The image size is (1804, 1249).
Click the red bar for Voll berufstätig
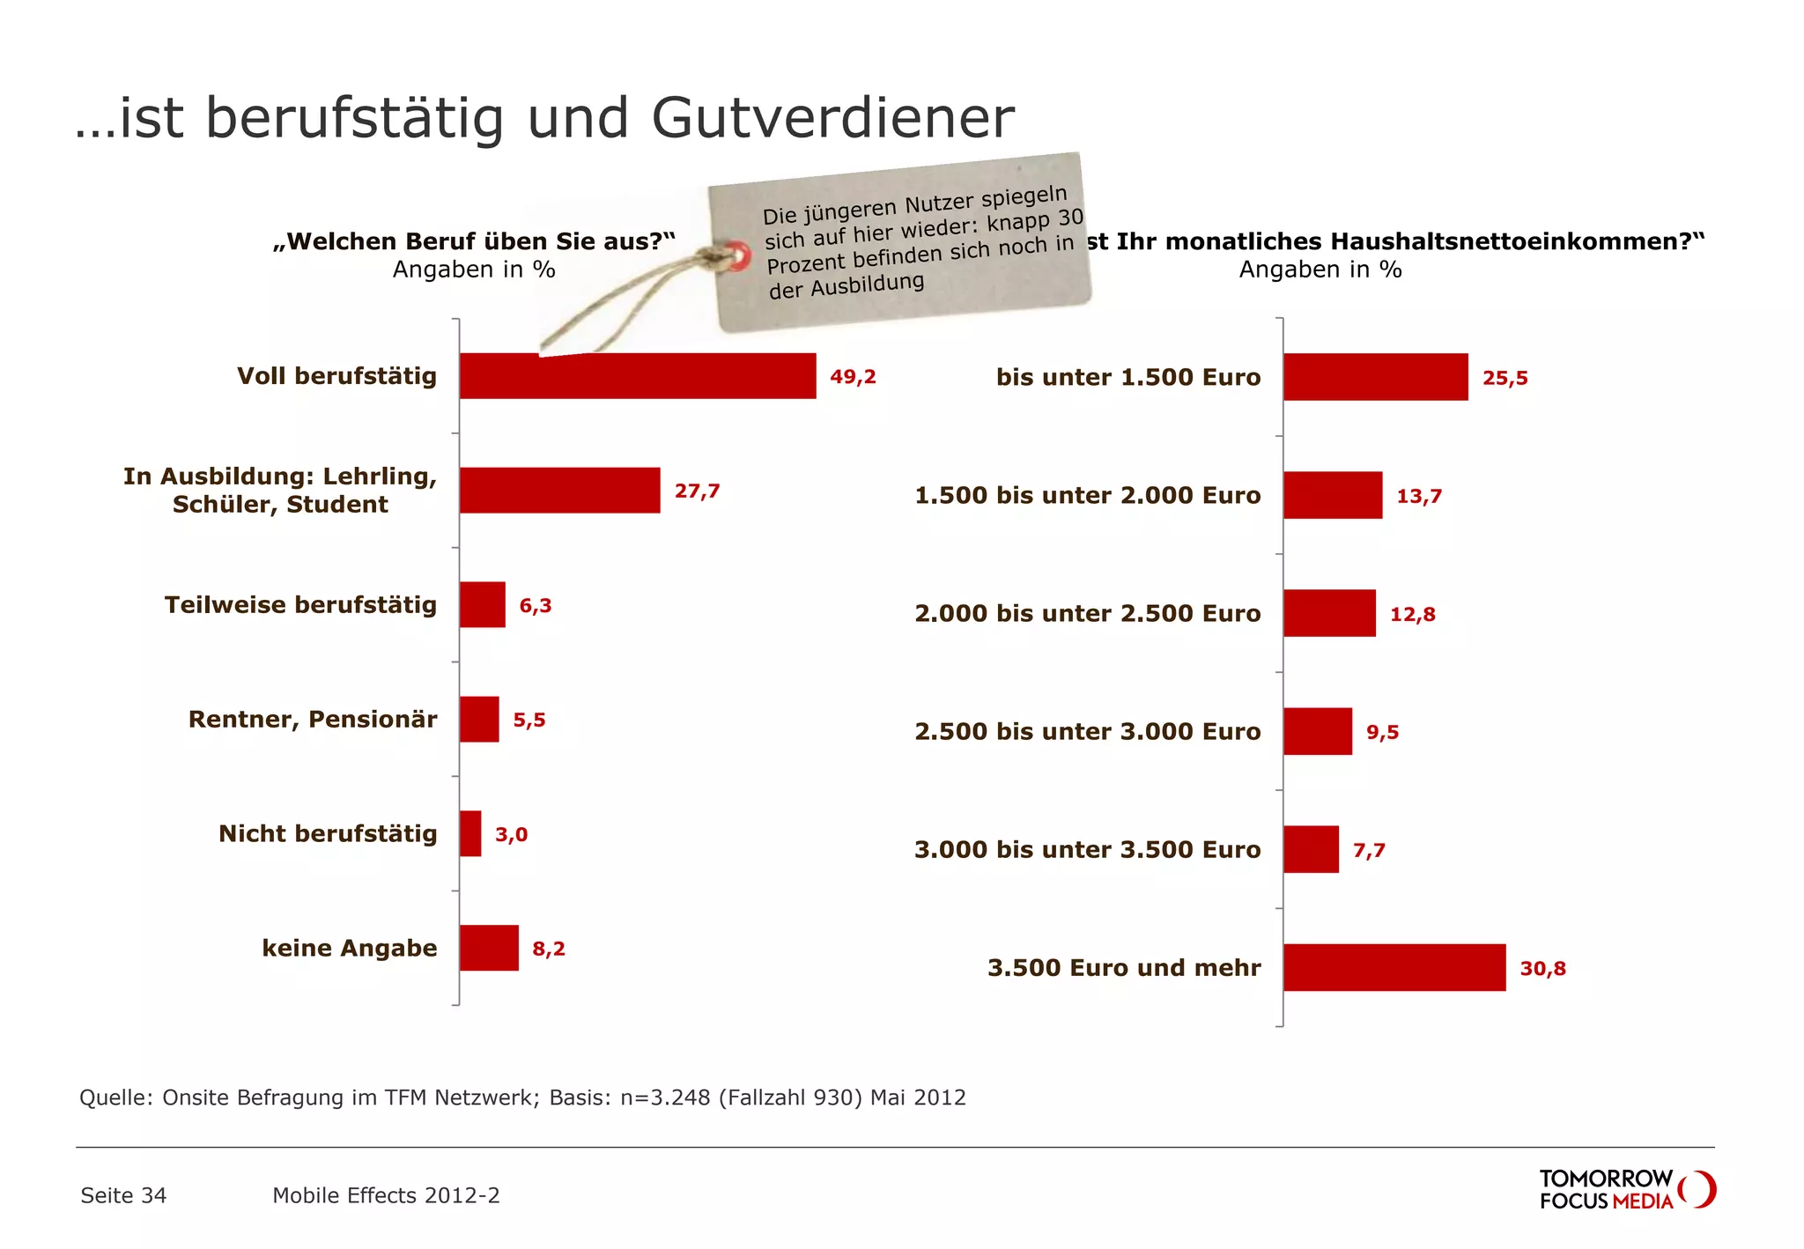(x=637, y=376)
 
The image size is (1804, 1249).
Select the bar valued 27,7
(x=559, y=491)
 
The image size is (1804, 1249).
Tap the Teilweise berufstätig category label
(x=300, y=605)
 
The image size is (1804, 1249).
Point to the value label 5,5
(x=529, y=721)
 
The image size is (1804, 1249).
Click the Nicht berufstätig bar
(x=470, y=833)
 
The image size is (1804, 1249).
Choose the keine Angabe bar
(x=489, y=948)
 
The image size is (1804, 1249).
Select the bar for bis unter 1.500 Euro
(x=1375, y=377)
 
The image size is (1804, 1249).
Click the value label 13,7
(x=1419, y=496)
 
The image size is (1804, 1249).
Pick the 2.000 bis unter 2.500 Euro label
(x=1087, y=614)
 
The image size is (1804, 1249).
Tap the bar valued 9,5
(x=1317, y=731)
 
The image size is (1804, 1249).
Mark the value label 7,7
(x=1369, y=851)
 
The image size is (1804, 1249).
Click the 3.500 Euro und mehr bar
(x=1394, y=967)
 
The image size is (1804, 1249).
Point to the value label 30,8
(x=1542, y=969)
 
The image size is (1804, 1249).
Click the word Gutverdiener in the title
(x=832, y=118)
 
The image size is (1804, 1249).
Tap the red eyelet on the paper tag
(x=738, y=257)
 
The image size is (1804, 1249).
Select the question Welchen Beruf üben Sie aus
(x=474, y=241)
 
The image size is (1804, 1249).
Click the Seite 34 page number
(x=123, y=1195)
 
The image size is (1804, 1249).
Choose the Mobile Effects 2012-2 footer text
(x=386, y=1195)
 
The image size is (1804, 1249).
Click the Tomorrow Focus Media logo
(x=1626, y=1189)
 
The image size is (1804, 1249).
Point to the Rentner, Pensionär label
(x=313, y=720)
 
